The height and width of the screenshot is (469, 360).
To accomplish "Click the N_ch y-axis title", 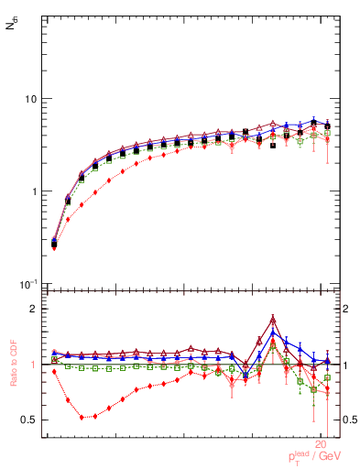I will pos(11,27).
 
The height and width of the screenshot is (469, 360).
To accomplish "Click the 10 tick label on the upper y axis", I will pos(30,99).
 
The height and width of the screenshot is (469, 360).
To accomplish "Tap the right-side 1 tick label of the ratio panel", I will pos(346,365).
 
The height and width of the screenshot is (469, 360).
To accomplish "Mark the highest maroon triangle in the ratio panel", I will pos(273,320).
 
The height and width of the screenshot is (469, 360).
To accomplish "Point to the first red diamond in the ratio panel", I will pos(54,371).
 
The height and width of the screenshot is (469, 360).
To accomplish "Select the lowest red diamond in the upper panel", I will pos(54,247).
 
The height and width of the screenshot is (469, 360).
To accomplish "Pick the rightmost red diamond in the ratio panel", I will pos(327,395).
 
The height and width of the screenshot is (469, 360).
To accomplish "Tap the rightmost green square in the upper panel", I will pos(327,133).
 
